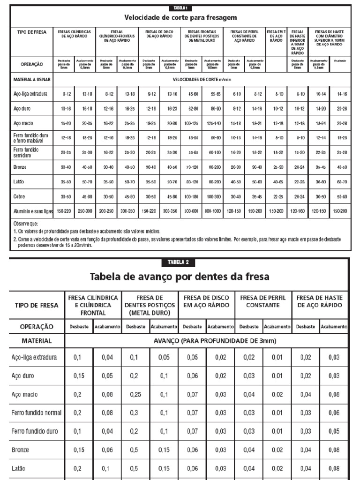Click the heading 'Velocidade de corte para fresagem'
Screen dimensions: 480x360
click(180, 18)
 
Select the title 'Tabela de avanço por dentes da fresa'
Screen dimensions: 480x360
click(180, 277)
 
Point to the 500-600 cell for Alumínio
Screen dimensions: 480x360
click(191, 211)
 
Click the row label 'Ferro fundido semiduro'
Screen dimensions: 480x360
click(26, 152)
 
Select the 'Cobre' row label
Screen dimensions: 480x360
click(19, 197)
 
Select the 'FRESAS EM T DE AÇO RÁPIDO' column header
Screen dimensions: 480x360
click(276, 37)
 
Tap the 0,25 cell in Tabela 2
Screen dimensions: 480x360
click(135, 395)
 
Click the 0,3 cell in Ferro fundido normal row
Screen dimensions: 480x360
click(135, 413)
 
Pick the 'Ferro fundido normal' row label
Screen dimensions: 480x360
click(37, 413)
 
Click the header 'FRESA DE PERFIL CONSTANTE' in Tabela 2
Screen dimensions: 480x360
click(262, 301)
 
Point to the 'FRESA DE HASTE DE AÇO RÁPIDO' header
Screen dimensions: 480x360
click(319, 301)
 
